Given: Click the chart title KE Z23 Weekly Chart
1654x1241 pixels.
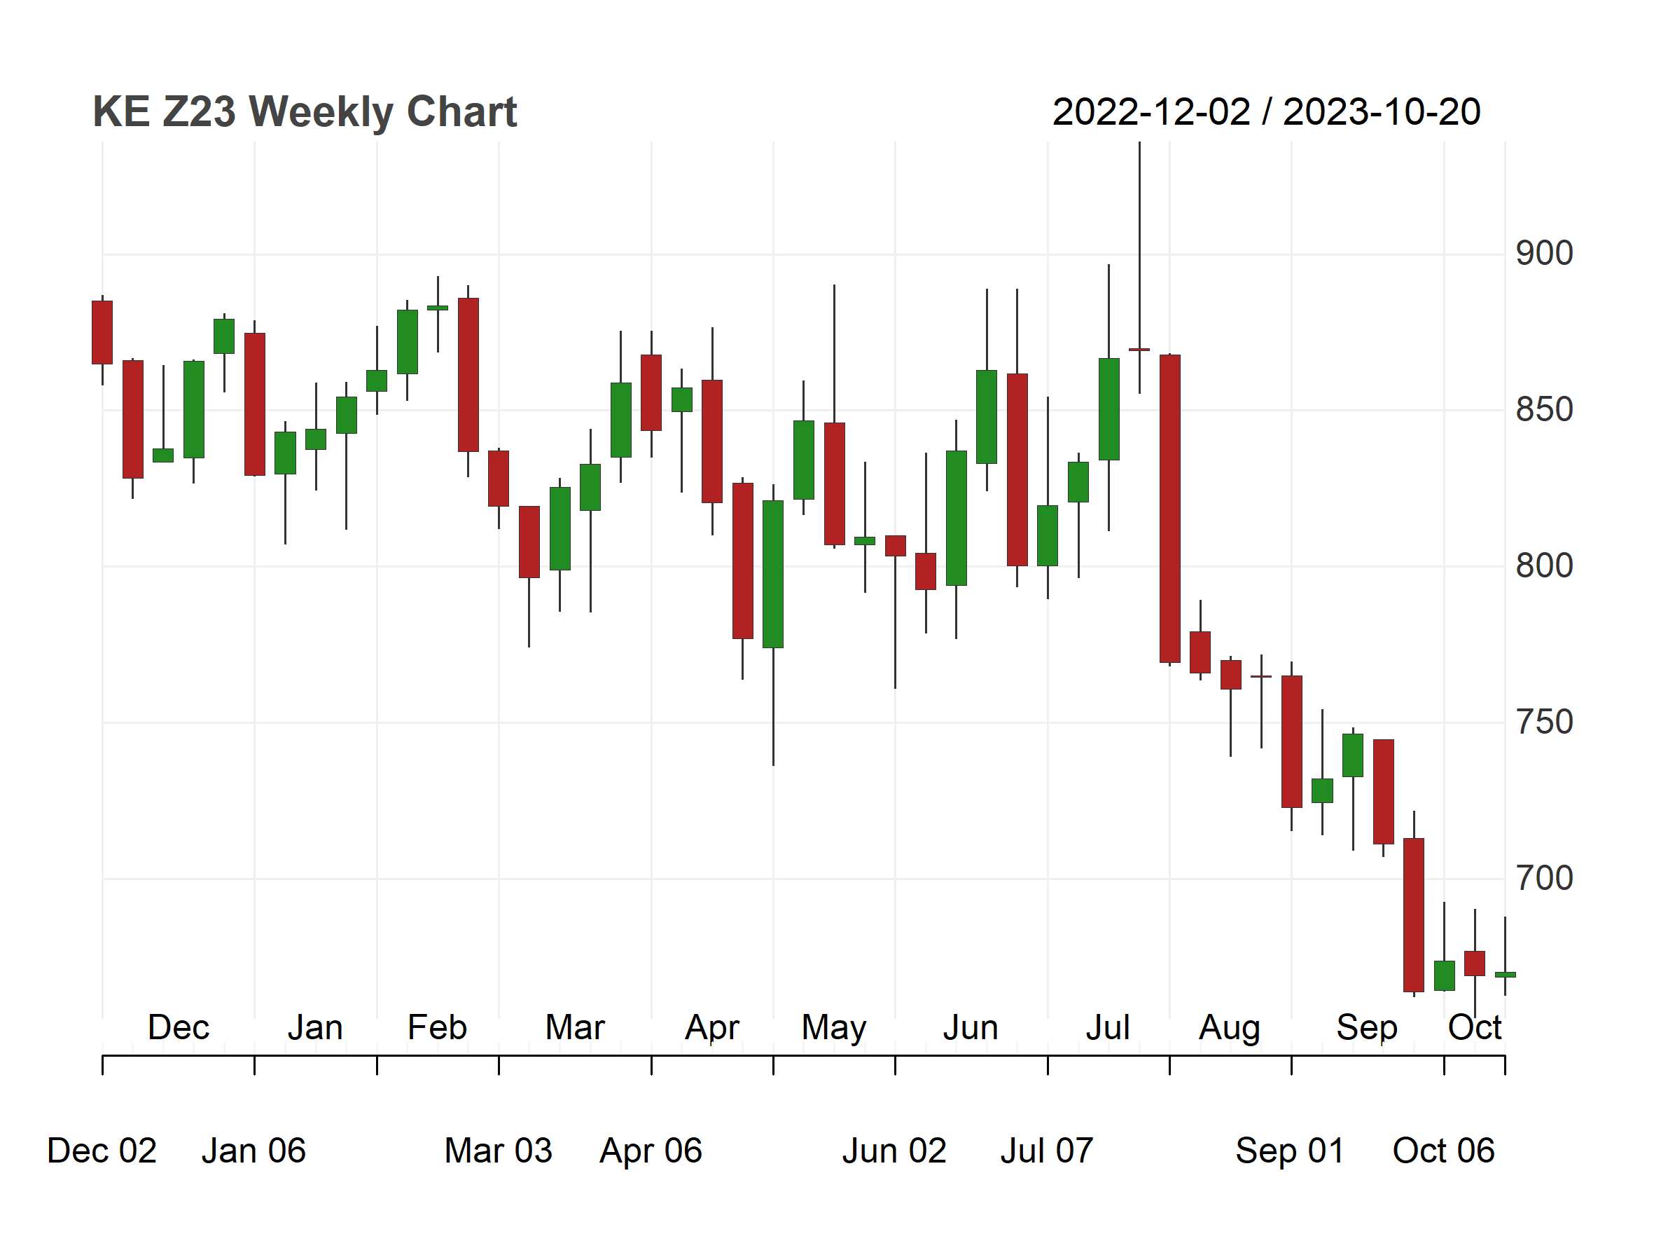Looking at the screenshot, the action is pos(305,112).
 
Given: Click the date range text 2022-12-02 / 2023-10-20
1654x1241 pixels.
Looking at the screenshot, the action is pos(1266,112).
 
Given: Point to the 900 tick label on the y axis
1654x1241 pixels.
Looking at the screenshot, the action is pos(1544,254).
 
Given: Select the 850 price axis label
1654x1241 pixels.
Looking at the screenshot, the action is pos(1544,410).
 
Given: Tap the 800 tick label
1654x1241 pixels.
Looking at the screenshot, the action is pos(1544,565).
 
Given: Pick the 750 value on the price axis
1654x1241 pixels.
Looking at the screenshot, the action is pos(1544,722).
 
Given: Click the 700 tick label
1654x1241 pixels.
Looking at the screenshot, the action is pos(1544,878).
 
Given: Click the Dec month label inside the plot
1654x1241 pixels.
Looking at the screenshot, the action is pos(179,1027).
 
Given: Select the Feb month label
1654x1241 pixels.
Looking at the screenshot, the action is pos(438,1027).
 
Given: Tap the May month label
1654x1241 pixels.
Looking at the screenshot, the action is pos(834,1029).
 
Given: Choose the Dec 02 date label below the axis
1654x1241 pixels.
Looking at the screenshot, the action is pos(102,1151).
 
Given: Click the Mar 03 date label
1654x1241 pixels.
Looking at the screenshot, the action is pos(498,1151).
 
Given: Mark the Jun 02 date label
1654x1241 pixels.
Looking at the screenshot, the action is pos(894,1151).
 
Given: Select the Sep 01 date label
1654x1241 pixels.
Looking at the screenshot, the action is pos(1290,1151).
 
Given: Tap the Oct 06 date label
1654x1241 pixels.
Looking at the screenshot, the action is pos(1443,1151).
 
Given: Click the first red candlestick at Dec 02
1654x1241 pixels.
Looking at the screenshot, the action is pos(102,333).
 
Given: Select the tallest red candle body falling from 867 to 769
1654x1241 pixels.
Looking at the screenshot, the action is pos(1170,509).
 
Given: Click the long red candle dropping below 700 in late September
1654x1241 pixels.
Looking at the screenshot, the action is pos(1414,915).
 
